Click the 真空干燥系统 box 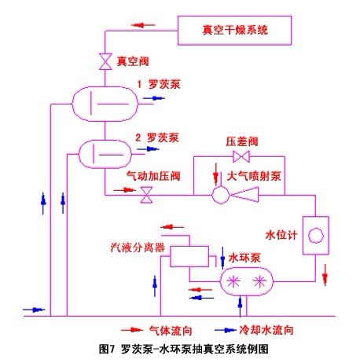[234, 32]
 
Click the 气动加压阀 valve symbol [145, 199]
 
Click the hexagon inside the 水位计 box [315, 235]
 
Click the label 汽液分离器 [137, 246]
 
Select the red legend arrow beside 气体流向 [131, 330]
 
